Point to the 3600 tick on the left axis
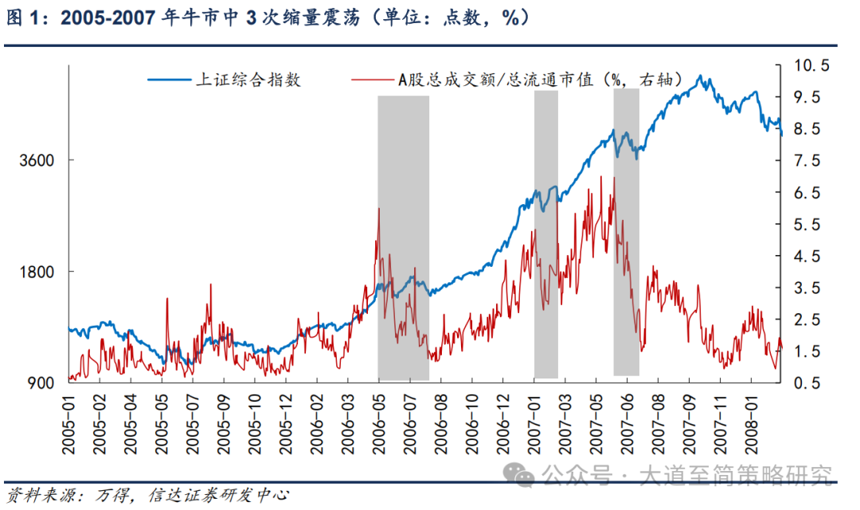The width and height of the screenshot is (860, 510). click(x=37, y=160)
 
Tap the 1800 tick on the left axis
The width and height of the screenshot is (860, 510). click(x=37, y=272)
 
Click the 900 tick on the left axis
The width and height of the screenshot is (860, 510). click(x=41, y=383)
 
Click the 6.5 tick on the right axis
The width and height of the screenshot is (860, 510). click(x=804, y=193)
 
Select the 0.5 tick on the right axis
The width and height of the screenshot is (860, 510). click(x=804, y=383)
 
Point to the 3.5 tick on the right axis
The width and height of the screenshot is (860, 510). click(x=804, y=288)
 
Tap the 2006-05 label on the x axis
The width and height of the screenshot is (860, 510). click(x=379, y=426)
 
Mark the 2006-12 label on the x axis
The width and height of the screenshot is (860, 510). click(x=503, y=426)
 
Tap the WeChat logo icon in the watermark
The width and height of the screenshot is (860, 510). click(x=523, y=476)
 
